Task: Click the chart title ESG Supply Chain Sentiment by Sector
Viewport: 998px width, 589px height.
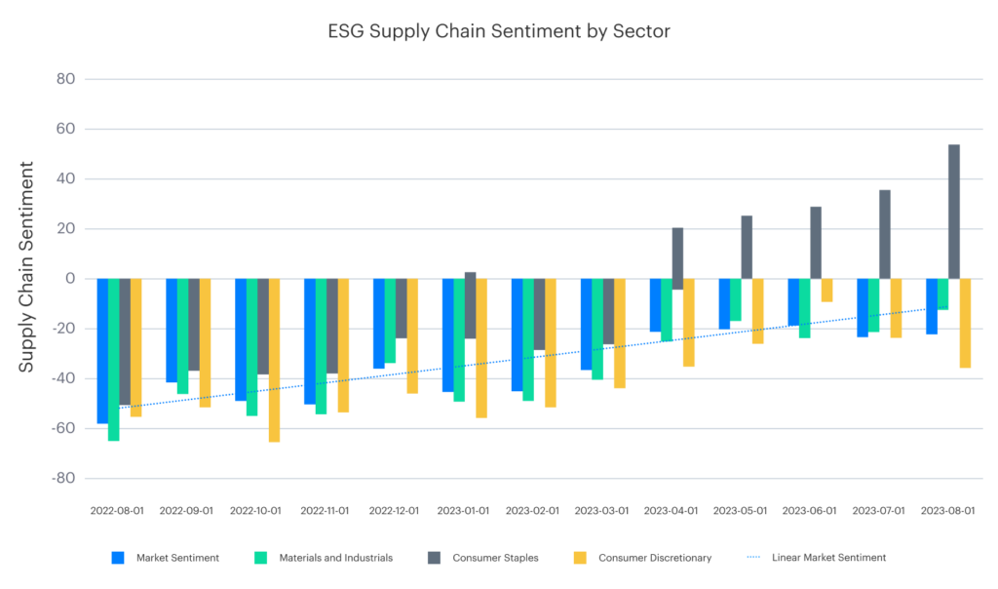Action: coord(498,31)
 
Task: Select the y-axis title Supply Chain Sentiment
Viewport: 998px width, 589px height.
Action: coord(27,266)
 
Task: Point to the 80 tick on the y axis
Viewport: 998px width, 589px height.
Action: coord(65,79)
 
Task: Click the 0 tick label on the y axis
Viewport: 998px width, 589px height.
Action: coord(70,279)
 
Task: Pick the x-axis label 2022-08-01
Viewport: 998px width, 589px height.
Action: coord(118,510)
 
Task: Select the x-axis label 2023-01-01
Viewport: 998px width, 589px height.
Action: coord(464,510)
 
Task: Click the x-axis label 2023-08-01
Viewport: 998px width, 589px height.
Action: coord(948,510)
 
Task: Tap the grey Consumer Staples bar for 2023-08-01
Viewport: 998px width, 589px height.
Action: coord(954,212)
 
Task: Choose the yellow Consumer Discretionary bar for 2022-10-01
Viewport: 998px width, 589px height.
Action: coord(274,360)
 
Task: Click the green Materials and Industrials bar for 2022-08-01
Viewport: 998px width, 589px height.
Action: coord(114,359)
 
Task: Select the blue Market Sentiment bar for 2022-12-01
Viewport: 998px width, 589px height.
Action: coord(379,323)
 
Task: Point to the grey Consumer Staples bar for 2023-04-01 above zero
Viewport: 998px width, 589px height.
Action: coord(677,254)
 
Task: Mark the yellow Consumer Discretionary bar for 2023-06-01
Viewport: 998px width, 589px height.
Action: coord(826,290)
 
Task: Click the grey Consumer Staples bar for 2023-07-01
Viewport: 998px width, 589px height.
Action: coord(885,234)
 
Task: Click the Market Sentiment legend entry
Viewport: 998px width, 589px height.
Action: coord(176,558)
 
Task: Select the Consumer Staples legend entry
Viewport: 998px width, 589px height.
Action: coord(495,558)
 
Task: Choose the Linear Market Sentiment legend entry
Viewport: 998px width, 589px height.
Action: coord(828,558)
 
